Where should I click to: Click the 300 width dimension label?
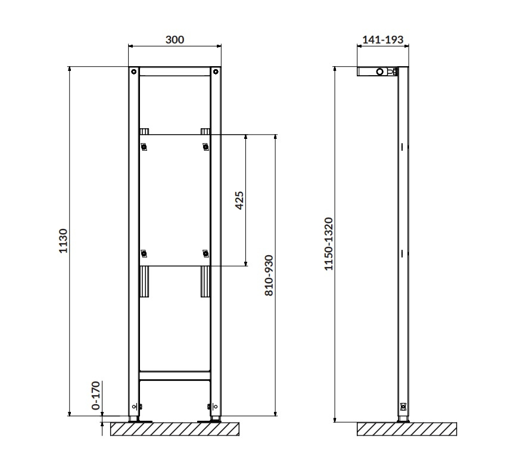tap(175, 39)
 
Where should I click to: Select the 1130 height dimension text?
tap(63, 241)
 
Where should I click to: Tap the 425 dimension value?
tap(239, 200)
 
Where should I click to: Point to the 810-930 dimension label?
tap(269, 275)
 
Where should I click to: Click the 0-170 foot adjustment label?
tap(95, 395)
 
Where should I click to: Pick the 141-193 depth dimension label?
tap(383, 39)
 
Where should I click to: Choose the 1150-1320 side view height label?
tap(328, 244)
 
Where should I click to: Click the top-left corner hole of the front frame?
tap(133, 72)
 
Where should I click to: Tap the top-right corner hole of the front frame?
tap(216, 72)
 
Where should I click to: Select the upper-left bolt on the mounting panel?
tap(144, 147)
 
